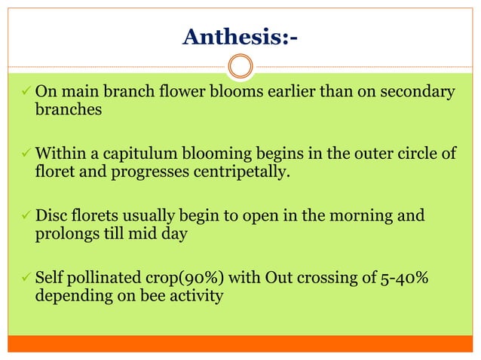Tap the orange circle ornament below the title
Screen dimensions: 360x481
click(x=240, y=68)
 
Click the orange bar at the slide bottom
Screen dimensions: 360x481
click(x=240, y=343)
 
